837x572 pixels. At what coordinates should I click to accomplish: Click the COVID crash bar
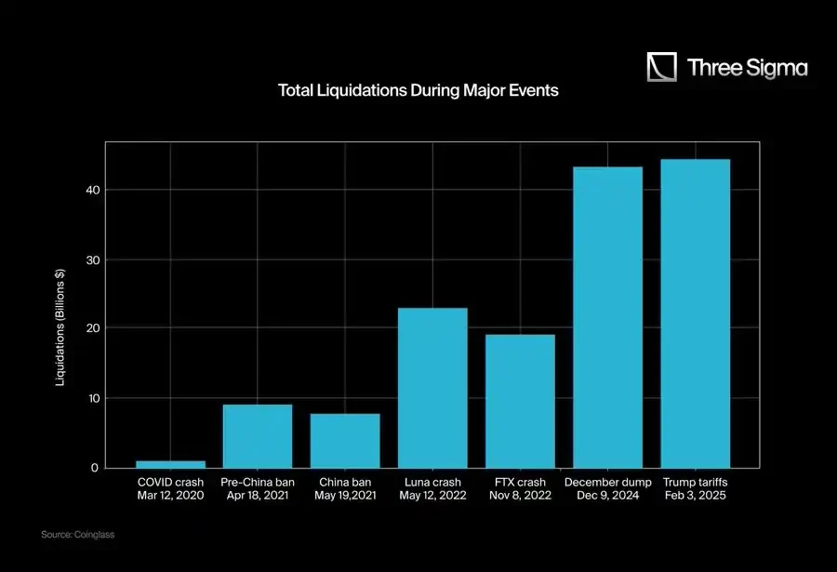click(x=170, y=463)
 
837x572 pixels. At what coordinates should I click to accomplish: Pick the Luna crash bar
click(x=432, y=387)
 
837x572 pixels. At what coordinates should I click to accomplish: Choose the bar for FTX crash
click(x=520, y=400)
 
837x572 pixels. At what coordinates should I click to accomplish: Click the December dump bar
click(x=607, y=316)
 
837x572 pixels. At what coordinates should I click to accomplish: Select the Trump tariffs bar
click(x=695, y=313)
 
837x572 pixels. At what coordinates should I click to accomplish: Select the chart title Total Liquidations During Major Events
click(x=418, y=91)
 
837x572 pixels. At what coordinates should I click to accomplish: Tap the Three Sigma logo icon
click(x=662, y=67)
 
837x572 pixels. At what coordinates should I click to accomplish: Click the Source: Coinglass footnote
click(x=77, y=535)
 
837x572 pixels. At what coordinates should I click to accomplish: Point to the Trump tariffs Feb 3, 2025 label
click(x=695, y=489)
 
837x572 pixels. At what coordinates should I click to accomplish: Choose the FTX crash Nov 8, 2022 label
click(x=520, y=489)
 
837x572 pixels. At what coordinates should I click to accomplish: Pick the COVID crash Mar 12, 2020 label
click(x=170, y=489)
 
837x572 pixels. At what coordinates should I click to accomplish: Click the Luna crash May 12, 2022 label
click(x=432, y=489)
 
